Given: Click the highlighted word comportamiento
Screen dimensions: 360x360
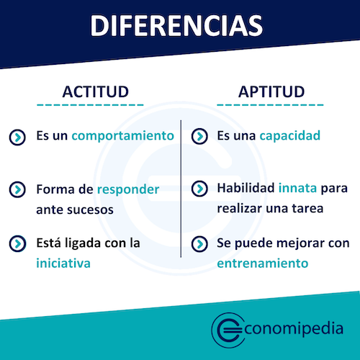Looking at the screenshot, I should (123, 135).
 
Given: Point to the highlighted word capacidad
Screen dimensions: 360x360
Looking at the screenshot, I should (290, 135).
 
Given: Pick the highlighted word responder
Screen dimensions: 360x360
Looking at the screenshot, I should (128, 190).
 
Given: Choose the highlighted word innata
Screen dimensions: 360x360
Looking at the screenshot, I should (297, 189).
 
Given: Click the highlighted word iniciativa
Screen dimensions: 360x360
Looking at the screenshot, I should (63, 263).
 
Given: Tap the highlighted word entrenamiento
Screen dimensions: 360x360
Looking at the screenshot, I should (262, 263).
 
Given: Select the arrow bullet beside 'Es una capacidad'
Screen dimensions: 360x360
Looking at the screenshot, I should (199, 136).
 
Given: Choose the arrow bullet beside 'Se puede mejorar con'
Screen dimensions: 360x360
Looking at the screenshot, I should (199, 243).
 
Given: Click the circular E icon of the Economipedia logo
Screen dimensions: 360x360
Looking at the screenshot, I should (229, 328).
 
